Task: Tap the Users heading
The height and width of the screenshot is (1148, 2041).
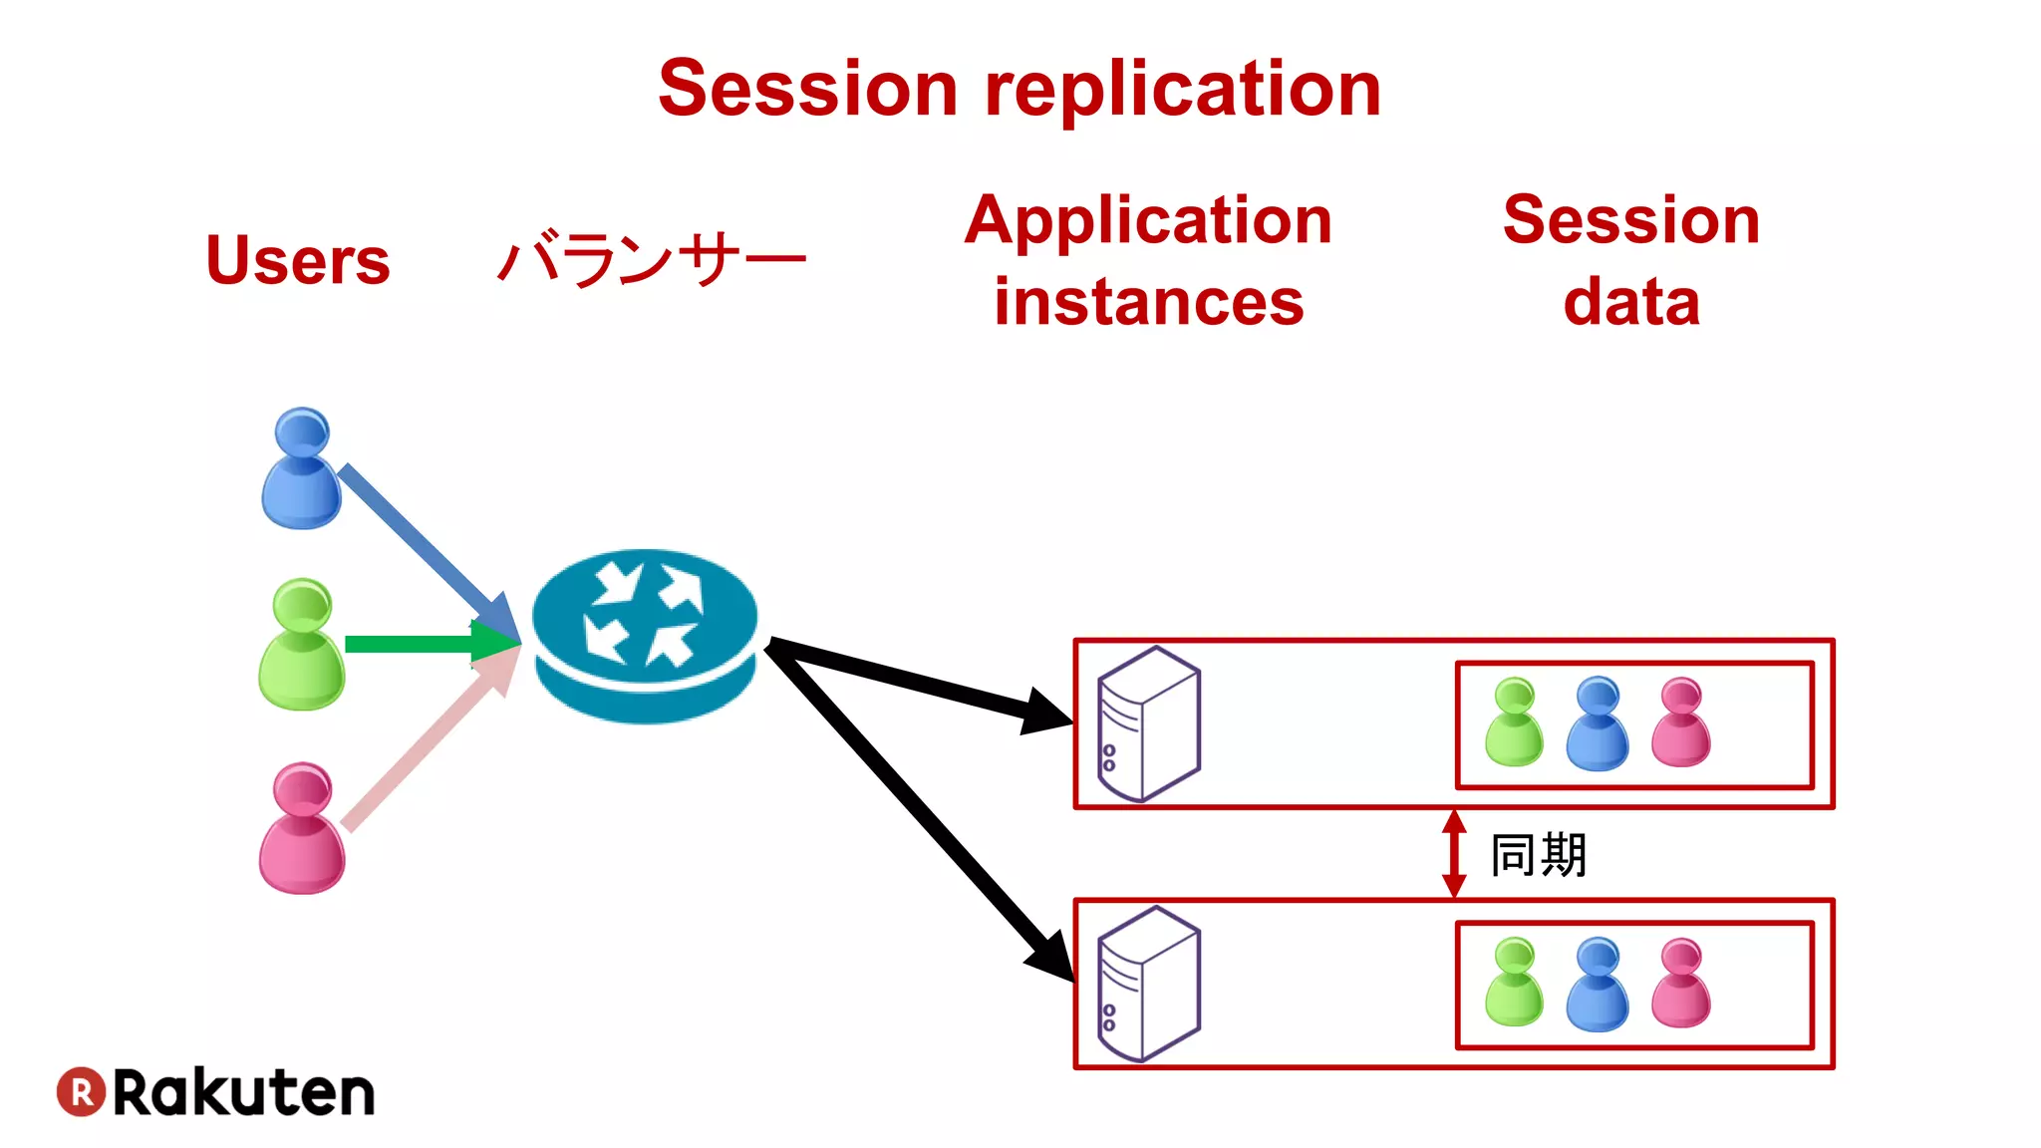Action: pyautogui.click(x=297, y=260)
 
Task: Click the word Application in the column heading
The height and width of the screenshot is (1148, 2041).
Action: pyautogui.click(x=1148, y=221)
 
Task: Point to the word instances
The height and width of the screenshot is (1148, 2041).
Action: pyautogui.click(x=1148, y=302)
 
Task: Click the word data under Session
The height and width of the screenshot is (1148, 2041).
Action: pyautogui.click(x=1630, y=302)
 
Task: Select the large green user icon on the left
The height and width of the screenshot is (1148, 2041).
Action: pyautogui.click(x=301, y=645)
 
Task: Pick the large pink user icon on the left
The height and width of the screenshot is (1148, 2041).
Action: pyautogui.click(x=301, y=829)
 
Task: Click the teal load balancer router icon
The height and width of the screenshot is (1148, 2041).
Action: pyautogui.click(x=645, y=635)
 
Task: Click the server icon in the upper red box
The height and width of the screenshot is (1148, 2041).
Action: pyautogui.click(x=1148, y=723)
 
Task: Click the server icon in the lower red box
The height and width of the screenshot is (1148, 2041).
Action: pyautogui.click(x=1148, y=984)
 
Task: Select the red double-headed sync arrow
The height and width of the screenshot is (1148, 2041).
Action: pyautogui.click(x=1454, y=854)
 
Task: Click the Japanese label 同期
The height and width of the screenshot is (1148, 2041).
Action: pyautogui.click(x=1538, y=855)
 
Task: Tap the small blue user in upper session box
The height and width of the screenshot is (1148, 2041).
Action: pyautogui.click(x=1597, y=724)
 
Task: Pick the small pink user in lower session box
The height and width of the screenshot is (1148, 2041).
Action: pyautogui.click(x=1680, y=984)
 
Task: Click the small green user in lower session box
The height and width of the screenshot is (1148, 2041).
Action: pyautogui.click(x=1514, y=984)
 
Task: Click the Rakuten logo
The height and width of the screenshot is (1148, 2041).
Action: pyautogui.click(x=215, y=1092)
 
